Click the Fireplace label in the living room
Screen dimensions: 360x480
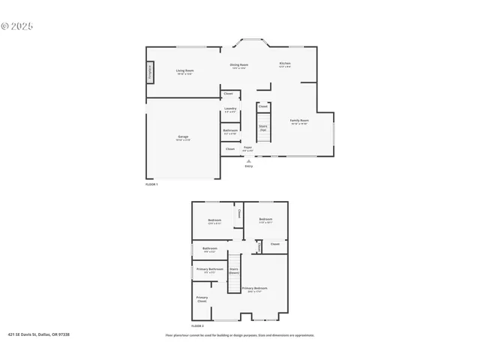150,73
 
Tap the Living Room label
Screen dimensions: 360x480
184,71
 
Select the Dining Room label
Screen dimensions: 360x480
239,66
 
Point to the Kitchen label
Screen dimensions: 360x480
285,64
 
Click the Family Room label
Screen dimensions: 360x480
299,121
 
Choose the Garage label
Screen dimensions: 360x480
183,137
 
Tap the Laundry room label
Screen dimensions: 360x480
230,109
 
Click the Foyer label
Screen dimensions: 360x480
247,148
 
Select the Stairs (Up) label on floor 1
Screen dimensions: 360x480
263,127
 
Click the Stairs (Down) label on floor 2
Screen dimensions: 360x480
234,271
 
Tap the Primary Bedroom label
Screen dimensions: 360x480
254,289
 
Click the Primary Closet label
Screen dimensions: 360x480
202,299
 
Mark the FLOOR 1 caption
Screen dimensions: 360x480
152,184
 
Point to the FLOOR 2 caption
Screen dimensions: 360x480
197,326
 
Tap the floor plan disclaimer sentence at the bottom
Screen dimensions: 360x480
239,335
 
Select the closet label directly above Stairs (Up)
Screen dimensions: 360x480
263,106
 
